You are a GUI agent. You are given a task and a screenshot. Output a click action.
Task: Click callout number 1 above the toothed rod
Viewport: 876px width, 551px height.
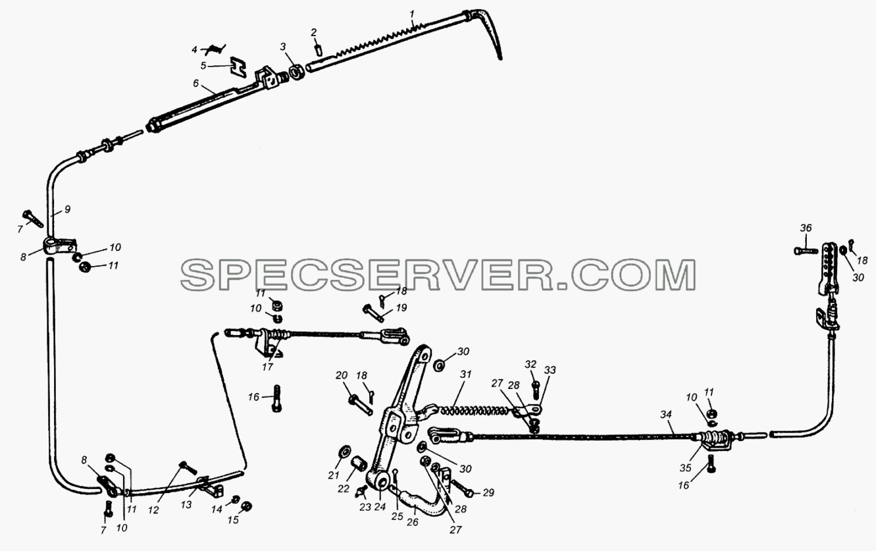point(411,14)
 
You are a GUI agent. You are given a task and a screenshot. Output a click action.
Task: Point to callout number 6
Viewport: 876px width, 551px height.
point(196,84)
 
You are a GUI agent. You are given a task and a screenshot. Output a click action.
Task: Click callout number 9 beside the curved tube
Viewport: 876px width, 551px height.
point(67,209)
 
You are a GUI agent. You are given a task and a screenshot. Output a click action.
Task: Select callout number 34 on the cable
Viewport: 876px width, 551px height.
point(666,414)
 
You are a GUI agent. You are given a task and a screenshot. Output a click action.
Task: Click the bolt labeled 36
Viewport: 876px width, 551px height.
point(804,251)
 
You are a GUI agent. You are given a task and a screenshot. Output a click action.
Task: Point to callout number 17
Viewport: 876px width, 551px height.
point(267,367)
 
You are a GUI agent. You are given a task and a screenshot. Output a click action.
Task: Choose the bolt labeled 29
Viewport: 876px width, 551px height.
point(462,488)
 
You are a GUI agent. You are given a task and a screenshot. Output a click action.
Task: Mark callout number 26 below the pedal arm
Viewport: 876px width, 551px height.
point(413,521)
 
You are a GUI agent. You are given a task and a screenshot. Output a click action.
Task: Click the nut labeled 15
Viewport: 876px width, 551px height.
point(246,507)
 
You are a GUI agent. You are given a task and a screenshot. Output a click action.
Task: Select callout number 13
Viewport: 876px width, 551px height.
point(186,504)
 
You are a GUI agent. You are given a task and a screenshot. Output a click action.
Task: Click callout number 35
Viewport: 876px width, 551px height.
point(686,467)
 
